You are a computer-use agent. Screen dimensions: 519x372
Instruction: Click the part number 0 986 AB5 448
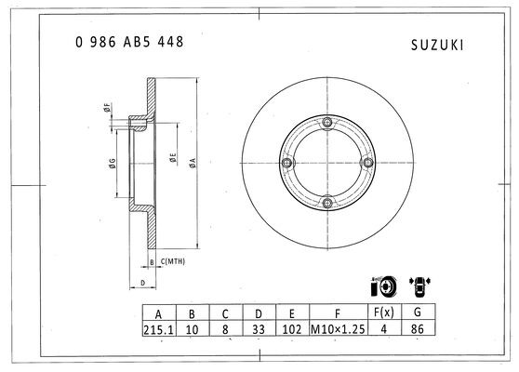click(x=129, y=42)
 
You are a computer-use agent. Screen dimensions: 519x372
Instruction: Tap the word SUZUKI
click(x=437, y=46)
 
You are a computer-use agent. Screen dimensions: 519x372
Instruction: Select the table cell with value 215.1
click(x=159, y=328)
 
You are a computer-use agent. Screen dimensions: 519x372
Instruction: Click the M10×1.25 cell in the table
click(x=338, y=328)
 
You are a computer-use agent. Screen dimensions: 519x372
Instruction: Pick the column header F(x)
click(x=384, y=312)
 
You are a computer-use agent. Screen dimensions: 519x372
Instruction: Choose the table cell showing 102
click(x=292, y=328)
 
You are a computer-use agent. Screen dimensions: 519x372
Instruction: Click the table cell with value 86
click(x=418, y=328)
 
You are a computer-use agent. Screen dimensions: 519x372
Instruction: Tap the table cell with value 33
click(x=259, y=328)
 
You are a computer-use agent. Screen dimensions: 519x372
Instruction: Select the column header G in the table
click(x=418, y=312)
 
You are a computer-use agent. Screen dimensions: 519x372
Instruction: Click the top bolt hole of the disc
click(x=327, y=122)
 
